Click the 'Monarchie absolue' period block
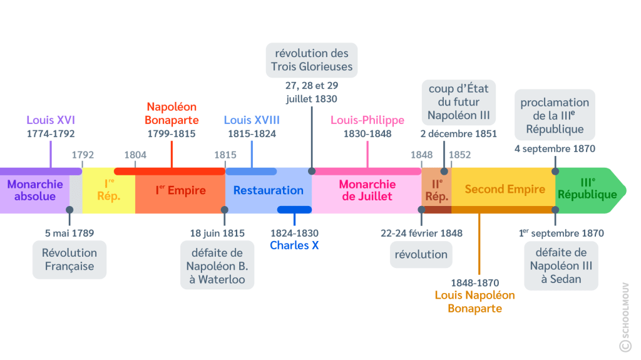35,190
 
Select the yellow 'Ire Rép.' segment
108,190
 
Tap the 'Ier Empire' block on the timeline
180,190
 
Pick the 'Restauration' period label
268,190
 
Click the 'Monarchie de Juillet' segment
367,190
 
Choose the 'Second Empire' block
505,189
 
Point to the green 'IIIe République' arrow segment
587,189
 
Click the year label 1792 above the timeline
83,155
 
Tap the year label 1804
135,155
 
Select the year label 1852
459,155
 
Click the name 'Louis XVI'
51,120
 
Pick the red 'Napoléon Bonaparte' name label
172,113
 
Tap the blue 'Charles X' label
294,245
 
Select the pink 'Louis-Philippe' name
367,120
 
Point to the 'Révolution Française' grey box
69,260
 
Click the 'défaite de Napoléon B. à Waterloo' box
217,266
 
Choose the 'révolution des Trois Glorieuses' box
312,60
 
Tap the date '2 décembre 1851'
459,133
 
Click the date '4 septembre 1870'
555,149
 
